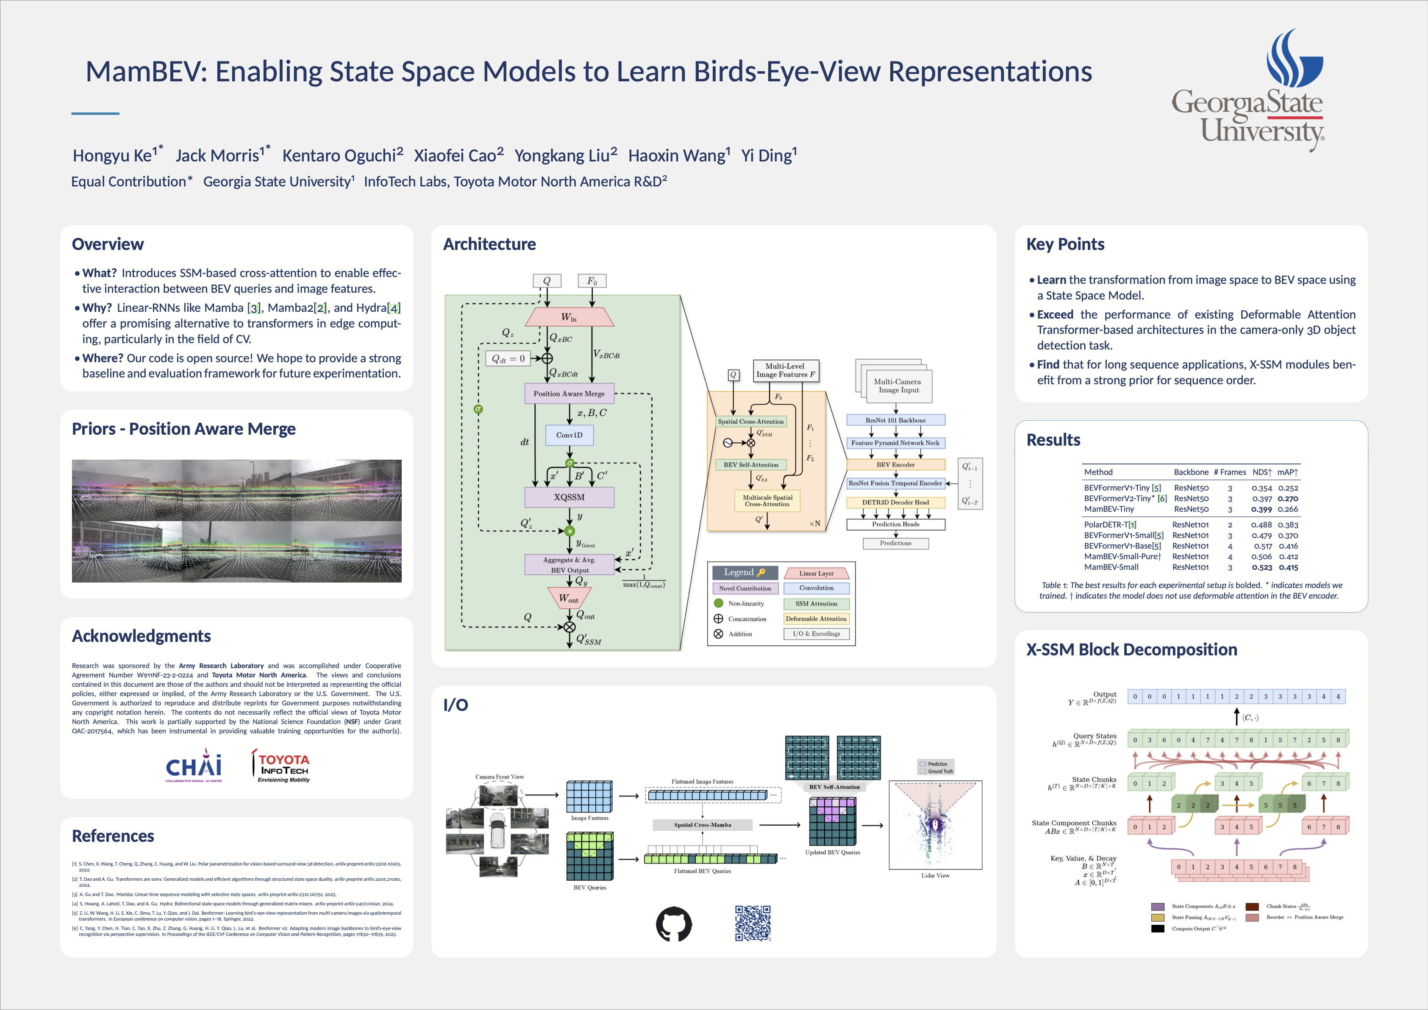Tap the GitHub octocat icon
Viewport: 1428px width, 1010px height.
(674, 924)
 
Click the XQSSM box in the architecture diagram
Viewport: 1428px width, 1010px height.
(569, 497)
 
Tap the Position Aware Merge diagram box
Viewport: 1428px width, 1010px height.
(569, 394)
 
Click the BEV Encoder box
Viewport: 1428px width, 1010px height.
(896, 465)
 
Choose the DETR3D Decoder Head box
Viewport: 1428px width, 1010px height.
(896, 502)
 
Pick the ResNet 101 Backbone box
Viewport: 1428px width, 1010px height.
(896, 420)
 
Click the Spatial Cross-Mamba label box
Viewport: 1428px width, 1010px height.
(702, 825)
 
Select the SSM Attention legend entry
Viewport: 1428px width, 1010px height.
(816, 604)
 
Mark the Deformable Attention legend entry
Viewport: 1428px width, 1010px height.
(816, 619)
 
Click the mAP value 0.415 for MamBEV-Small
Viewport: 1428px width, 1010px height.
(1288, 567)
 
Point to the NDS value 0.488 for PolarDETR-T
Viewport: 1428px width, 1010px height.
(1262, 525)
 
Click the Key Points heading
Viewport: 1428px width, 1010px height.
(1065, 244)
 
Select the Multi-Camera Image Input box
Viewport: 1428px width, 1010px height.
(897, 386)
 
